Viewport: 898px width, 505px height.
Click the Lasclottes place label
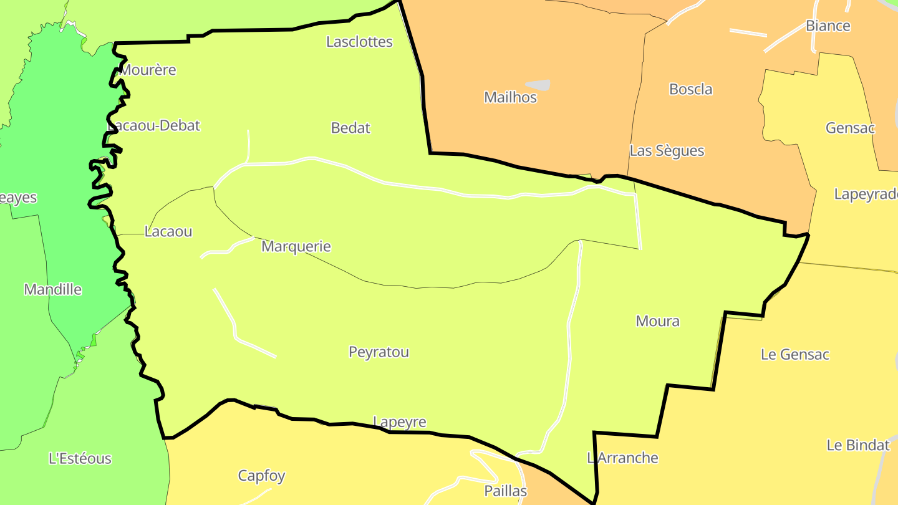click(359, 42)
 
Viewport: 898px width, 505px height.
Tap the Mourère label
click(148, 70)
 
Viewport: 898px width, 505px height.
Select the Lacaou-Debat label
click(155, 125)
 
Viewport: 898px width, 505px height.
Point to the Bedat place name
click(350, 128)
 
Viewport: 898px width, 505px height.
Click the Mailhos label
click(510, 97)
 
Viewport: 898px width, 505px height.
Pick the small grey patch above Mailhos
click(538, 84)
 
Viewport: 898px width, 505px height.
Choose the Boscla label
click(690, 89)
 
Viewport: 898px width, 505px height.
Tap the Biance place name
click(828, 26)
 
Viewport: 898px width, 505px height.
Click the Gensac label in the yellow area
click(850, 128)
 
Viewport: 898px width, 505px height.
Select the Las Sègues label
click(667, 151)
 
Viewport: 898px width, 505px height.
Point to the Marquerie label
click(296, 246)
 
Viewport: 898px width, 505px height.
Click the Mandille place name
click(53, 289)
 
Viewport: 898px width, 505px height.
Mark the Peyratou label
click(379, 352)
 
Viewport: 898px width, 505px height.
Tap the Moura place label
click(657, 321)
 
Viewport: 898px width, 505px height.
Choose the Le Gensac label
click(794, 354)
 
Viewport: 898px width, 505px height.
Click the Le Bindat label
click(857, 445)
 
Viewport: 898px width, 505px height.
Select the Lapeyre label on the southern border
click(399, 422)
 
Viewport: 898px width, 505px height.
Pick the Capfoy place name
click(261, 476)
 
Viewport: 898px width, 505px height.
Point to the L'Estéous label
click(80, 458)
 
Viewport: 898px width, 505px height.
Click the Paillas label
click(505, 491)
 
